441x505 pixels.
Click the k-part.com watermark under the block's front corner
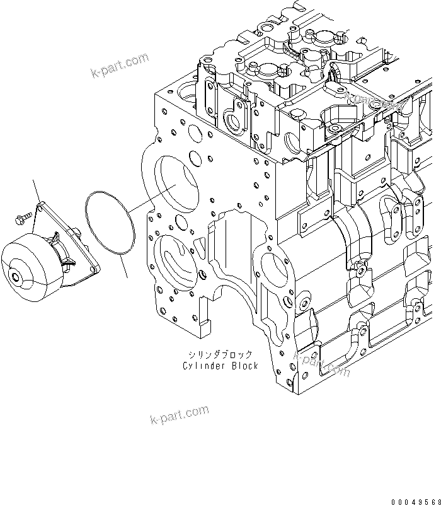pos(321,364)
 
